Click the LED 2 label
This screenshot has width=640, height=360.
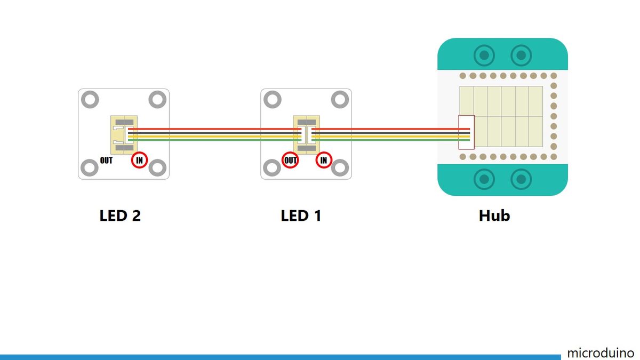point(120,216)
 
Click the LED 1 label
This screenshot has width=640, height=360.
point(301,216)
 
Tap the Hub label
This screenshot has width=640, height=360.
point(494,216)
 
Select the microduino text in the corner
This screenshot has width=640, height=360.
point(601,353)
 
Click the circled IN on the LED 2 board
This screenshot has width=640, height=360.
point(139,159)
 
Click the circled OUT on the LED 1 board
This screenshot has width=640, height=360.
point(291,159)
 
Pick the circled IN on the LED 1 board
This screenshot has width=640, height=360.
point(323,159)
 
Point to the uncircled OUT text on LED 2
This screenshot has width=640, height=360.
point(106,160)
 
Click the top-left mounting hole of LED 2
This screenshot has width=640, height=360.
point(90,99)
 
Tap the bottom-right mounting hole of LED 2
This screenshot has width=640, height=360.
point(157,169)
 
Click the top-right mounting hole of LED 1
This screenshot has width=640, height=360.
point(340,99)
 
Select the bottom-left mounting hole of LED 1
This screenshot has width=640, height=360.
point(273,169)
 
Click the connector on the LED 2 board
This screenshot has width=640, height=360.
point(124,134)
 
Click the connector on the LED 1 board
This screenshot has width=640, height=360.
point(306,134)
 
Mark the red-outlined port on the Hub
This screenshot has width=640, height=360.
point(466,132)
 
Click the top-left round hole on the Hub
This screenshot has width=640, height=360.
point(484,55)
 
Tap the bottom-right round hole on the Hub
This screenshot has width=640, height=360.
point(521,179)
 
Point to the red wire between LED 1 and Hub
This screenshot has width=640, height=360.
point(384,129)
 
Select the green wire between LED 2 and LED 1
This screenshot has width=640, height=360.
point(213,140)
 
